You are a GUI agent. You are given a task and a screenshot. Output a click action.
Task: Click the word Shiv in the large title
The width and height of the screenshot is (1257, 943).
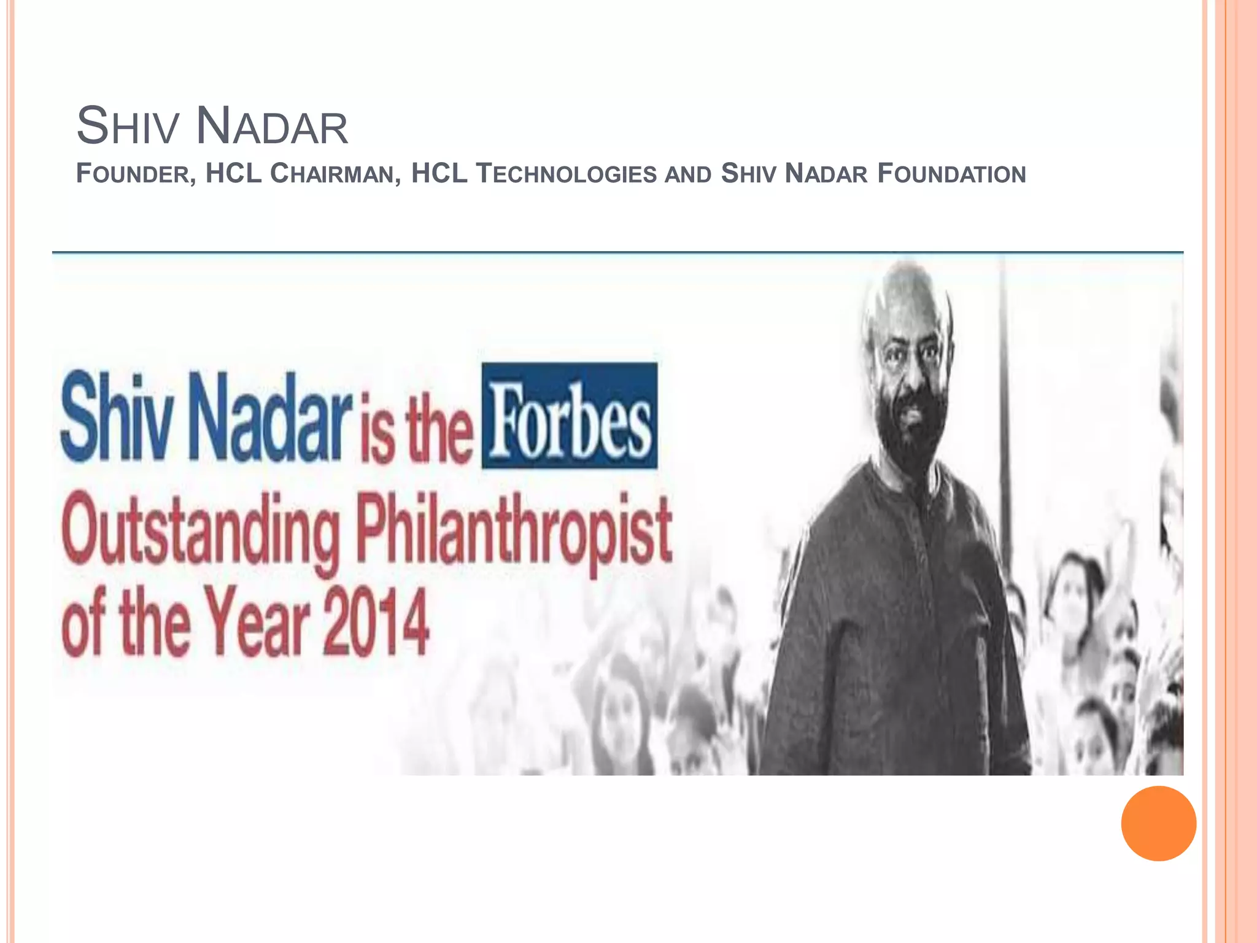coord(128,126)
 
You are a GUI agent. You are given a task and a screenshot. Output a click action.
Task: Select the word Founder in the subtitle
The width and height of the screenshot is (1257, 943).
coord(136,174)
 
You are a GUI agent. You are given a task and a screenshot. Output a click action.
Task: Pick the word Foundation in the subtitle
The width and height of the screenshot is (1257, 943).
coord(951,174)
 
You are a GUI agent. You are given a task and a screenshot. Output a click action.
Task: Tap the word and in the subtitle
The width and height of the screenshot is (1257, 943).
coord(688,175)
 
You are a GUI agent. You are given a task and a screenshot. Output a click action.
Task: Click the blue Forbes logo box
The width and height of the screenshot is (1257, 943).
coord(569,416)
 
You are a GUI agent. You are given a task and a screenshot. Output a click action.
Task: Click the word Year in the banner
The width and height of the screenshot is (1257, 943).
coord(257,621)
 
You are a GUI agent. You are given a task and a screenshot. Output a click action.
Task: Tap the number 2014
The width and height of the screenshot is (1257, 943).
coord(375,621)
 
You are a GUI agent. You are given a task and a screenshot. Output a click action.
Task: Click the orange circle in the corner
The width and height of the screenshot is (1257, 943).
coord(1158,823)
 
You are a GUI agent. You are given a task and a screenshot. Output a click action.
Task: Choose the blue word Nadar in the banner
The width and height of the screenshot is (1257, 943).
coord(271,417)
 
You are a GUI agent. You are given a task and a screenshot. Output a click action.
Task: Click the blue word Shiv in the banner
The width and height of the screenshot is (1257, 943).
coord(117,417)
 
